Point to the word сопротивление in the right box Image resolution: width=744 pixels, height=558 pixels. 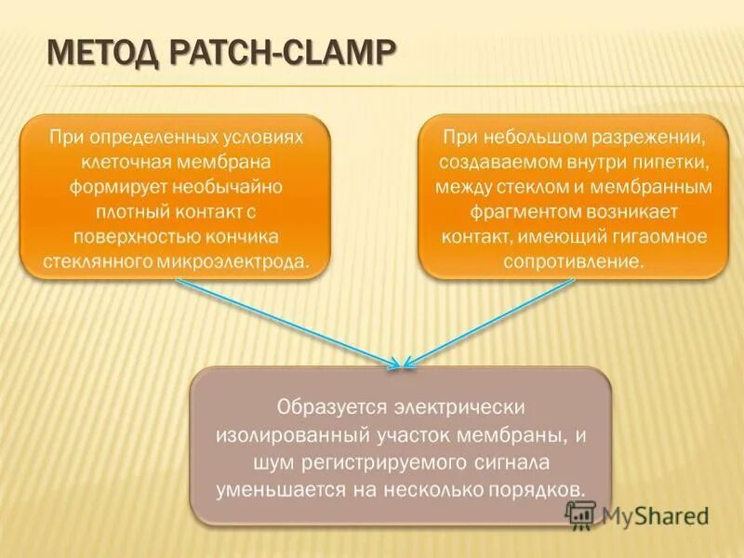[572, 261]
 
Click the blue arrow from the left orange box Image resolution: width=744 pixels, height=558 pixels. [288, 323]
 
